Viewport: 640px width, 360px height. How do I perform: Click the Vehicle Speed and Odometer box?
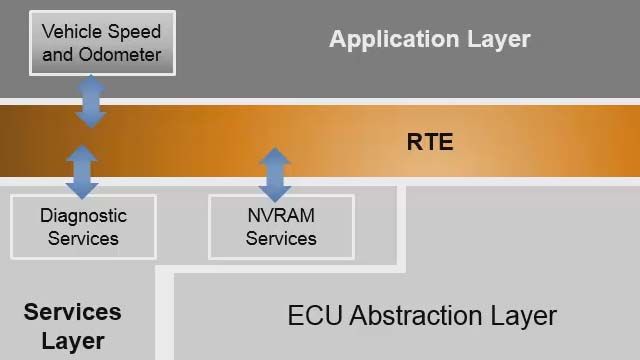click(102, 43)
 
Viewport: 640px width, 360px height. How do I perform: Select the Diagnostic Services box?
click(83, 227)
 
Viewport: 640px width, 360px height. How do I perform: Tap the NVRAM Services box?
click(281, 227)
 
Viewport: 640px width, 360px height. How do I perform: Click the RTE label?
click(430, 142)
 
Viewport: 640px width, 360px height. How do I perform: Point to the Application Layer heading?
click(430, 40)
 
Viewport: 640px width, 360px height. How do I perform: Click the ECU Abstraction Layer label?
click(422, 316)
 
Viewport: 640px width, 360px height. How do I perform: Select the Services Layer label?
click(73, 326)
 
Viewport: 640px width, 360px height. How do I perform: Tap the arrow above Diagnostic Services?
click(82, 171)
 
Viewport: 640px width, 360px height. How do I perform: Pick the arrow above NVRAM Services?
click(274, 173)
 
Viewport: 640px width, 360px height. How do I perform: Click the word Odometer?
click(119, 55)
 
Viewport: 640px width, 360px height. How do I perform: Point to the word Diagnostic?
click(83, 215)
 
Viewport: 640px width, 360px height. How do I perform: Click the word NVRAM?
click(281, 215)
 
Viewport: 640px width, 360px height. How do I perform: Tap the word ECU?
click(312, 316)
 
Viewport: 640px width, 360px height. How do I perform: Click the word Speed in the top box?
click(134, 32)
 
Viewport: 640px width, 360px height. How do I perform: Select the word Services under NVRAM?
click(281, 239)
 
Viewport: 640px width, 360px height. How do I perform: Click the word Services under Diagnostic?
click(83, 239)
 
